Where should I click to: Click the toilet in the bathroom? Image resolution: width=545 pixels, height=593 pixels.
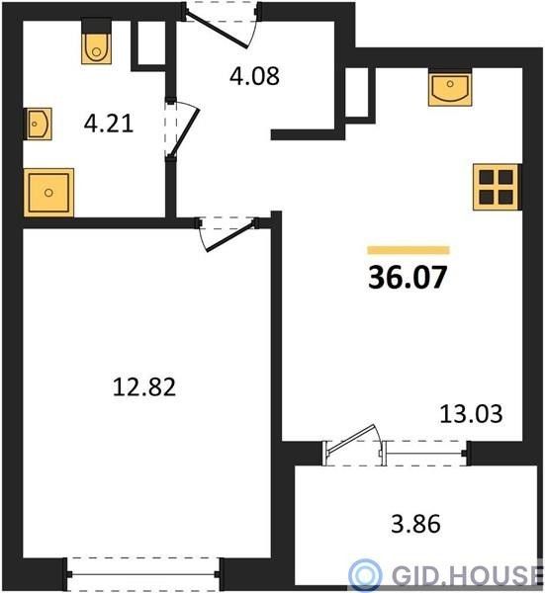tap(97, 42)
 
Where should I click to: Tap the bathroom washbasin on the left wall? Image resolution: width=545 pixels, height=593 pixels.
tap(38, 124)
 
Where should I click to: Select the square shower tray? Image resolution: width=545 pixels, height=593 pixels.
tap(48, 193)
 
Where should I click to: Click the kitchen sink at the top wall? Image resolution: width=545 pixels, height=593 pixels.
tap(450, 88)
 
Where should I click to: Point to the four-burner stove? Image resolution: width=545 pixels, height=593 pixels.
tap(496, 187)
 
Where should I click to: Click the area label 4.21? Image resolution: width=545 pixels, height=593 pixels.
tap(109, 124)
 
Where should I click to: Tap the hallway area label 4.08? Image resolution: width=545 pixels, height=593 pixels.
tap(254, 76)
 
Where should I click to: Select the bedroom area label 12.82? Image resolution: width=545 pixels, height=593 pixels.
tap(144, 386)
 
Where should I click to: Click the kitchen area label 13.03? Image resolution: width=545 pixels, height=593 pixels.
tap(471, 413)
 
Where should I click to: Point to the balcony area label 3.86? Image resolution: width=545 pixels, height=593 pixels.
tap(415, 524)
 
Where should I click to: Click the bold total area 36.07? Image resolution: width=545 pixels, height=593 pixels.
tap(408, 277)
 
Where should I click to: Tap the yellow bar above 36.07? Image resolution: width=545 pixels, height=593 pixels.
tap(409, 250)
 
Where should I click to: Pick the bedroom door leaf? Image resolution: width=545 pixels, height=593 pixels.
tap(230, 237)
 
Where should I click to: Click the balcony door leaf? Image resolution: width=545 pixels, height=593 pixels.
tap(352, 438)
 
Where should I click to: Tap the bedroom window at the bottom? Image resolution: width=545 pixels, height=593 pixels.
tap(143, 574)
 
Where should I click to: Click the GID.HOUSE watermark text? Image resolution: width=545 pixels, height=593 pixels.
tap(468, 576)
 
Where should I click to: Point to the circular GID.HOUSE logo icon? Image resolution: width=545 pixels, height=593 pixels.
tap(365, 575)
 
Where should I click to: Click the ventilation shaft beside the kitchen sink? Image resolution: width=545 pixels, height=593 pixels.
tap(356, 92)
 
